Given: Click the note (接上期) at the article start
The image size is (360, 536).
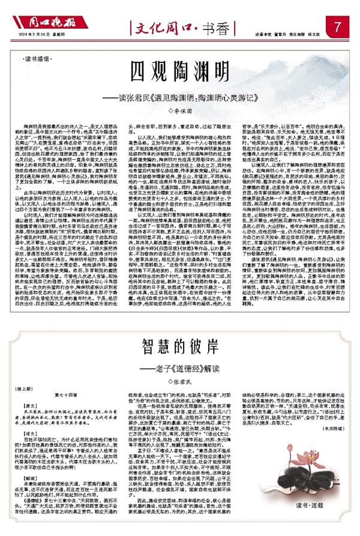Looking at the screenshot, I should (31, 389).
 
